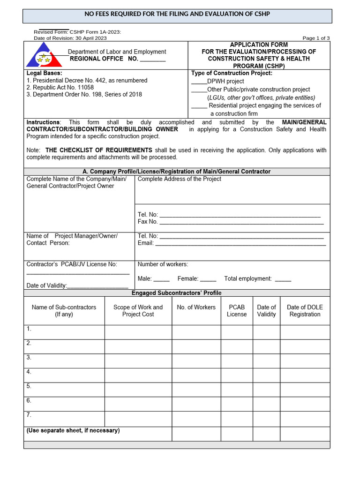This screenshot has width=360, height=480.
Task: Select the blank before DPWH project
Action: [199, 82]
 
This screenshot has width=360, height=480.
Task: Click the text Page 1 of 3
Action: [316, 38]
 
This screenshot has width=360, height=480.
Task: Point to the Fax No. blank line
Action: [240, 222]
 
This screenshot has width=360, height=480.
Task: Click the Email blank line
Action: [240, 244]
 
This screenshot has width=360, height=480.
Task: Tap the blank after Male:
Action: [161, 279]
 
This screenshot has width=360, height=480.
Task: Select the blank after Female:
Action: [208, 279]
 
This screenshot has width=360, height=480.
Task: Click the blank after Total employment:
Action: [283, 279]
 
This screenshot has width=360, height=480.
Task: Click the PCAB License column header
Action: [237, 311]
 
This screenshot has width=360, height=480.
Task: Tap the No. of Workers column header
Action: [196, 307]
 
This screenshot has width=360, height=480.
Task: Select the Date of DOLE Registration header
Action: [305, 311]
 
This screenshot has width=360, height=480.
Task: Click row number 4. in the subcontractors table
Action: [29, 372]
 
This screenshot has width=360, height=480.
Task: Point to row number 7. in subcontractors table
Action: [29, 415]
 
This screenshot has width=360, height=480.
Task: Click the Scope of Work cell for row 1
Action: [138, 332]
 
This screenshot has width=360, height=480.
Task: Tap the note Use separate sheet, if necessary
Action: [73, 430]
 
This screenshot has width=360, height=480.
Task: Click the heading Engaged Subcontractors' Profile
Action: [176, 293]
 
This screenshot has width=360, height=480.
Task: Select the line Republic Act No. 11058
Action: [60, 87]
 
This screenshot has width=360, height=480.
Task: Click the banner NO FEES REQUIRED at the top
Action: [177, 14]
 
